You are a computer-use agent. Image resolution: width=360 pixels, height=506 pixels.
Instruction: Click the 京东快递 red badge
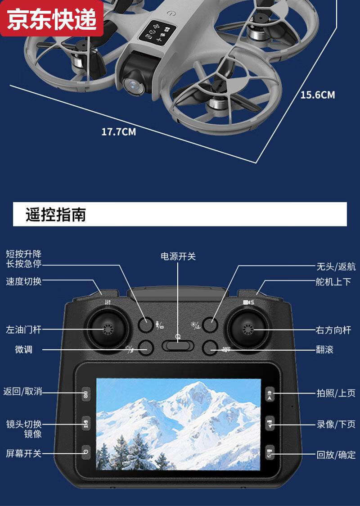(x=52, y=19)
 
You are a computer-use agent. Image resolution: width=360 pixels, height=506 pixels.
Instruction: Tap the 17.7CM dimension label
(x=118, y=132)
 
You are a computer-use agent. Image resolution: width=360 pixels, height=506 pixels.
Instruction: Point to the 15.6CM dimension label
(x=318, y=95)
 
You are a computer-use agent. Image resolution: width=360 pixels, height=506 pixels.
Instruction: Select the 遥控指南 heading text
(x=56, y=215)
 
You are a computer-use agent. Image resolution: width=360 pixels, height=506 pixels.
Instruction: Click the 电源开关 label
(x=179, y=256)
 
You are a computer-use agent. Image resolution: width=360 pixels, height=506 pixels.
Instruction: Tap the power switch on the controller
(x=178, y=345)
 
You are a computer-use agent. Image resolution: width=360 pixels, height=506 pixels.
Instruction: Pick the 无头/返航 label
(x=336, y=267)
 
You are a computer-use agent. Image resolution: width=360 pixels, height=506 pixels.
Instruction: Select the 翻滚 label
(x=324, y=349)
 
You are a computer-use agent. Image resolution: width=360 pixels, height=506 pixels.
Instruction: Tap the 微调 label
(x=23, y=349)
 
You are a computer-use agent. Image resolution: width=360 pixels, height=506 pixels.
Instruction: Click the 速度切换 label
(x=23, y=281)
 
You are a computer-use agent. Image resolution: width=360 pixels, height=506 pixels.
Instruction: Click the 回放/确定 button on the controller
(x=270, y=452)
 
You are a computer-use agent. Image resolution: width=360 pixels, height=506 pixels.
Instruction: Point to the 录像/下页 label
(x=336, y=424)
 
